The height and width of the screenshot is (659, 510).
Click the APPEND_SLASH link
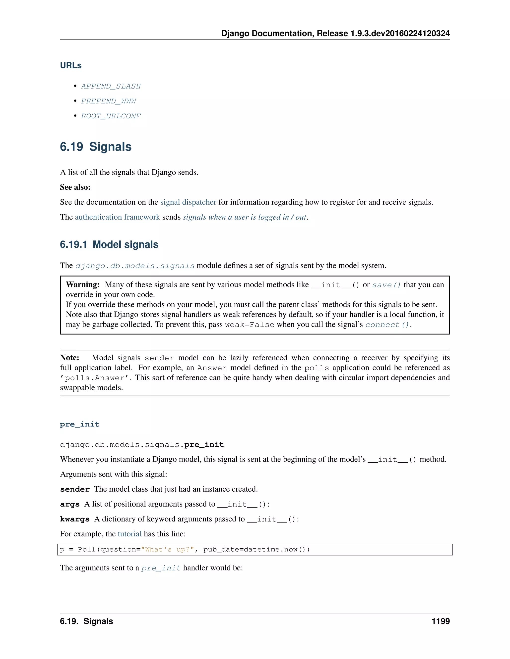coord(111,86)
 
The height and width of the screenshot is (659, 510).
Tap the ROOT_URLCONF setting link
coord(111,116)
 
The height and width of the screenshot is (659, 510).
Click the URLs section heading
coord(71,65)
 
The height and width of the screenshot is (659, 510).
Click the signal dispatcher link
coord(188,202)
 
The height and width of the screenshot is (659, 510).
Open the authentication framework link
coord(117,217)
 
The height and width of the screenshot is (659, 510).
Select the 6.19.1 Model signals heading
coord(109,244)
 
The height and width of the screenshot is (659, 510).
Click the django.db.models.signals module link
coord(135,266)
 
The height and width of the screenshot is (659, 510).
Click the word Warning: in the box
coord(82,285)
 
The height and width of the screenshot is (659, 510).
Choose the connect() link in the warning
coord(387,325)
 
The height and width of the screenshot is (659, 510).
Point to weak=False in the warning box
coord(250,325)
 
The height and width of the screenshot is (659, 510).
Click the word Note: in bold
coord(69,358)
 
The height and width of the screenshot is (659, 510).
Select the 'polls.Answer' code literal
coord(95,378)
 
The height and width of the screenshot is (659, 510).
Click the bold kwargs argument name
coord(75,519)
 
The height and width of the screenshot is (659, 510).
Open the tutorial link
coord(129,534)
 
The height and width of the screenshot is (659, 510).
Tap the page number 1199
coord(440,621)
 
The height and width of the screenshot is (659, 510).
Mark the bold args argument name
coord(69,505)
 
